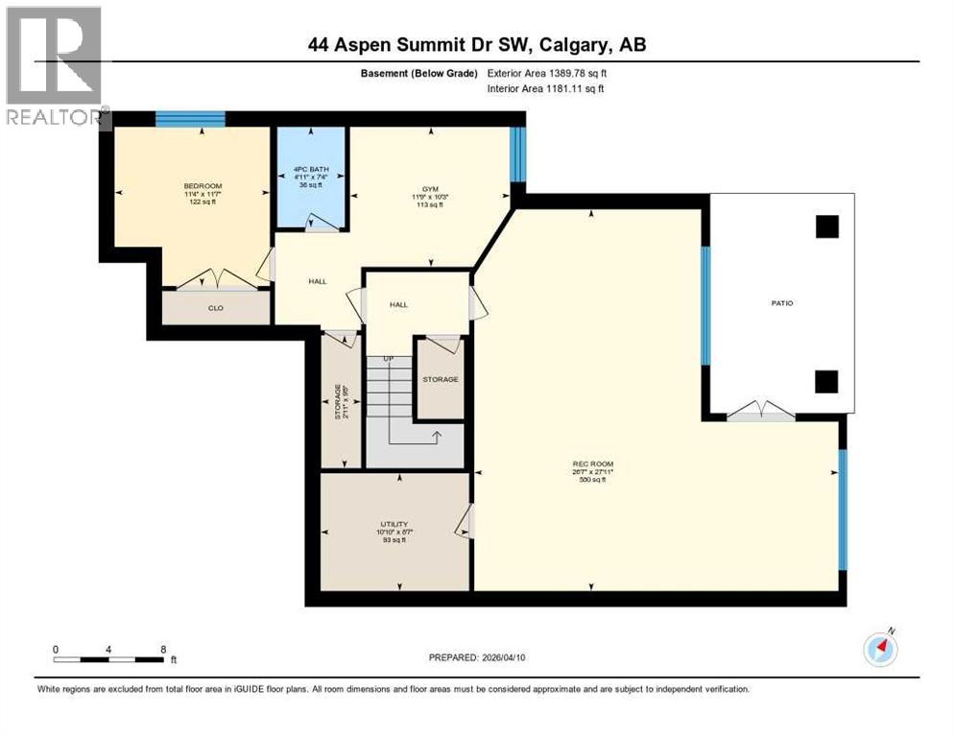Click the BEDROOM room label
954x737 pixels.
[x=203, y=186]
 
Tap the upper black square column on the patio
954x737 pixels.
[x=826, y=226]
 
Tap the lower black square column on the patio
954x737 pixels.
[x=826, y=381]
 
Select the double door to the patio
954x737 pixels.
[x=761, y=412]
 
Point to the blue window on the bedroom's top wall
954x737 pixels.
[x=190, y=119]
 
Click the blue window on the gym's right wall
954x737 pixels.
[x=517, y=154]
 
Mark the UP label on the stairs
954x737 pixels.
[x=389, y=359]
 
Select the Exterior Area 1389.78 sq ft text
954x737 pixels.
[x=548, y=73]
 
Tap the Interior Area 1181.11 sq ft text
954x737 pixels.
[x=546, y=89]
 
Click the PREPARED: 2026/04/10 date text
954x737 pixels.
[x=486, y=657]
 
